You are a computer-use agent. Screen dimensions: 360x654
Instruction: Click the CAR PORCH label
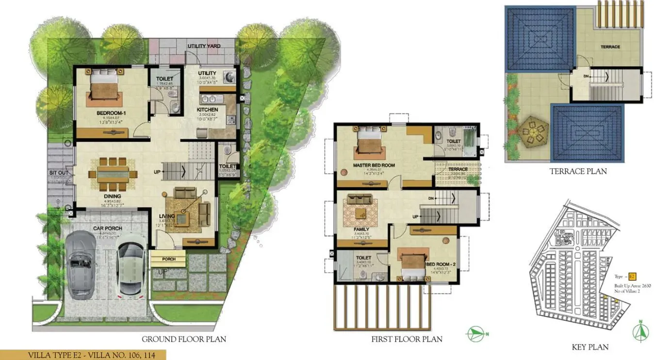(x=107, y=228)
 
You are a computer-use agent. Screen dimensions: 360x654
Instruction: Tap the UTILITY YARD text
(x=204, y=46)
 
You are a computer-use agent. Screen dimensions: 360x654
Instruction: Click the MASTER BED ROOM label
(x=374, y=165)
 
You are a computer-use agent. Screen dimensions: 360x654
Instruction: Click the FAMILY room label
(x=361, y=229)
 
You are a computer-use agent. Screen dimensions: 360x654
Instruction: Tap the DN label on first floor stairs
(x=430, y=198)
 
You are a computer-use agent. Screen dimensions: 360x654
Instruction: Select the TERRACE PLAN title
(x=578, y=171)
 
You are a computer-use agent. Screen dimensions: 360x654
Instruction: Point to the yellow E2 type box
(x=633, y=276)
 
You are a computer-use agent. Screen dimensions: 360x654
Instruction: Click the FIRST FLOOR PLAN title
(x=407, y=339)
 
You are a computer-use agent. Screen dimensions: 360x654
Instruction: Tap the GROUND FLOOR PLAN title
(x=183, y=339)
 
